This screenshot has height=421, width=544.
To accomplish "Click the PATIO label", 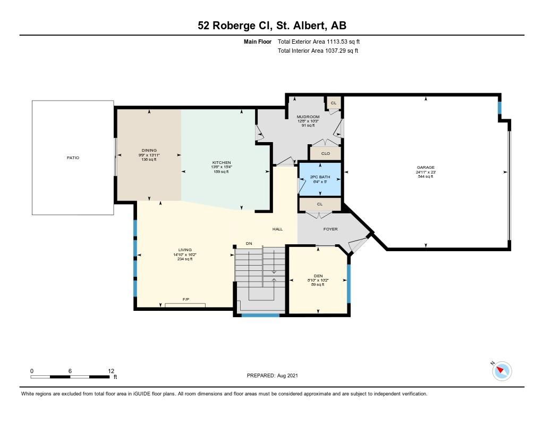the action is [73, 158].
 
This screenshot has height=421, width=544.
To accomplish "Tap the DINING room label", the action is [149, 151].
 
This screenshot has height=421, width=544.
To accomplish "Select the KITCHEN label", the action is [222, 163].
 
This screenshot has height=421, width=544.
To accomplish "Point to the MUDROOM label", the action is [308, 117].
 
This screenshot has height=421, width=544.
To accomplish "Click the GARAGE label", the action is [426, 168].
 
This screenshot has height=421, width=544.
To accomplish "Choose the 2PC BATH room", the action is [320, 179].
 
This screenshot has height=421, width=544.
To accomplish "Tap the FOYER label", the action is [330, 229].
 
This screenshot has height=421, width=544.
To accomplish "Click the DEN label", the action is [318, 276].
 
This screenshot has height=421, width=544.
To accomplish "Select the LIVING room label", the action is [185, 250].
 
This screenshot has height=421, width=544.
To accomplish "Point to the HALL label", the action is [277, 229].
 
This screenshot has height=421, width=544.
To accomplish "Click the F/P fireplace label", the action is [185, 299].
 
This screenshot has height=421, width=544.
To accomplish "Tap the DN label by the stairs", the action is [249, 244].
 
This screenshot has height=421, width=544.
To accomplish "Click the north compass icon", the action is [501, 370].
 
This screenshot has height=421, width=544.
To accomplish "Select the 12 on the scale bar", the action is [111, 371].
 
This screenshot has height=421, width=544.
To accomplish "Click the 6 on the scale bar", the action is [70, 371].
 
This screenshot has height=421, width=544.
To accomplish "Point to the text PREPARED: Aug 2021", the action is [273, 375].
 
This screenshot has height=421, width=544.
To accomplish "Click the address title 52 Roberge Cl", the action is [235, 26].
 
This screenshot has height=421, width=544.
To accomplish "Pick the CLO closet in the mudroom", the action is [326, 153].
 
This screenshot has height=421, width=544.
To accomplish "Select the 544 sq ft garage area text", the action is [426, 177].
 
